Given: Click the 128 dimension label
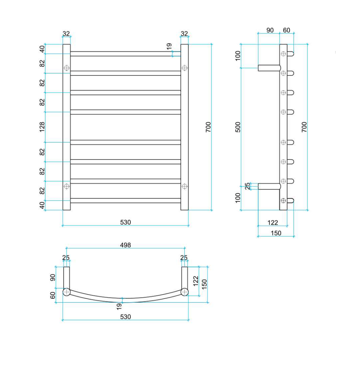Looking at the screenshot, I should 42,127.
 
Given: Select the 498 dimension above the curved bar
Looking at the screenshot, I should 125,245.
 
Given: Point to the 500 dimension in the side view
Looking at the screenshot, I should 238,127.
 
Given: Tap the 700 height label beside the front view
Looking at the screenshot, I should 208,127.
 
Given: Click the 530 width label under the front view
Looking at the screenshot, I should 125,222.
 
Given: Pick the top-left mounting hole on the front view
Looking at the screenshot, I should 66,68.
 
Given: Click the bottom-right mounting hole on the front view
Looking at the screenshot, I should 185,186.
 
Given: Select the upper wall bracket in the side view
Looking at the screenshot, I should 269,67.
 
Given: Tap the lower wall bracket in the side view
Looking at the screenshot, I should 269,186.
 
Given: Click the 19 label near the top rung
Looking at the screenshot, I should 169,46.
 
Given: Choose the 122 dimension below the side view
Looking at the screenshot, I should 273,223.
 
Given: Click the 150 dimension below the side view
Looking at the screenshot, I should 276,233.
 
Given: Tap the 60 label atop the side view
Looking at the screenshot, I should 287,30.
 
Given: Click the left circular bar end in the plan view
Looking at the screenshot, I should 66,292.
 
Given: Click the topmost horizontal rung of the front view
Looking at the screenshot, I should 125,54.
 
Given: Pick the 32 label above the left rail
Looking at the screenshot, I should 66,33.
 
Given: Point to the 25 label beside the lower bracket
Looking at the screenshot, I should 248,186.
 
